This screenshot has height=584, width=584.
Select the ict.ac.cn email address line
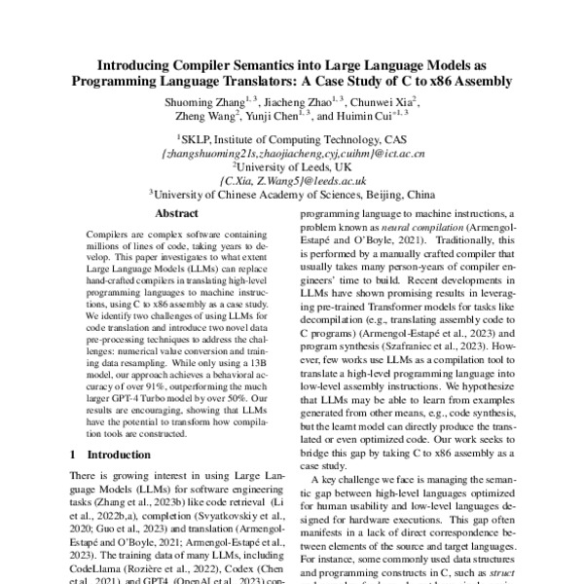point(292,153)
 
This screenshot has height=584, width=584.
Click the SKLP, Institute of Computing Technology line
point(292,139)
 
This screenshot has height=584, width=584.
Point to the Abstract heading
point(177,213)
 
